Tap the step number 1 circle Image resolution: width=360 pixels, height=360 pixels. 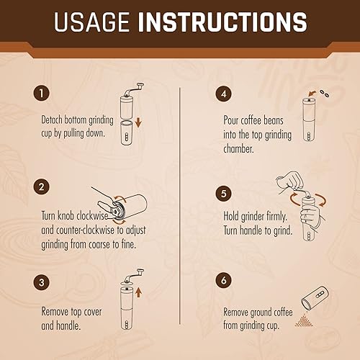click(x=41, y=94)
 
